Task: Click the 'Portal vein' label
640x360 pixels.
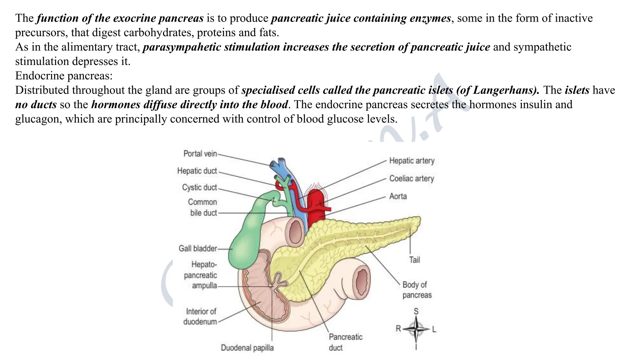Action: click(x=200, y=154)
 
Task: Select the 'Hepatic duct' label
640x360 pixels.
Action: click(x=197, y=171)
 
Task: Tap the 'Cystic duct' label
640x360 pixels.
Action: click(x=199, y=187)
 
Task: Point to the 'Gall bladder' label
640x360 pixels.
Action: click(x=197, y=248)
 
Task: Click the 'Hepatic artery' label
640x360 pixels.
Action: click(x=412, y=161)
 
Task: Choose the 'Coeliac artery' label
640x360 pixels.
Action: click(x=412, y=178)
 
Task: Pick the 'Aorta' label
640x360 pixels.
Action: click(x=398, y=196)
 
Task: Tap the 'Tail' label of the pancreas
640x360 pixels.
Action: click(x=414, y=260)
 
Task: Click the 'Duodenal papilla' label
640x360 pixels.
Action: click(x=247, y=348)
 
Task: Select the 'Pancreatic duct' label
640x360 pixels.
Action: click(x=345, y=342)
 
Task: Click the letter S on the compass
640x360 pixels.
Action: click(x=416, y=311)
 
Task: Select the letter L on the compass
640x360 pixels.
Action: click(x=434, y=329)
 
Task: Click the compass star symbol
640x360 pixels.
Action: click(x=416, y=329)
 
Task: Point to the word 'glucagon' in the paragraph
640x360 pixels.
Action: click(x=37, y=119)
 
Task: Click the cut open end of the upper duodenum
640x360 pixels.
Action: click(x=295, y=231)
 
